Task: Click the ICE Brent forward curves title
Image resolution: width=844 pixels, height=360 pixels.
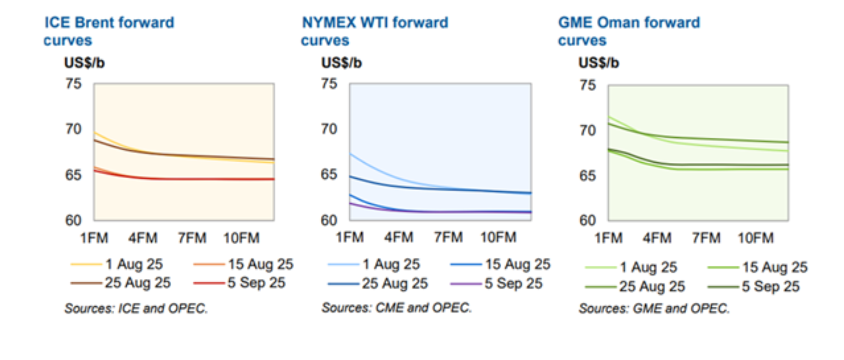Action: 109,31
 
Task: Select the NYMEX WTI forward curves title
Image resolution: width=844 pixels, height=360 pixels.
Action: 374,31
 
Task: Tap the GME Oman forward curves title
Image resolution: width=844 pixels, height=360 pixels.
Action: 629,31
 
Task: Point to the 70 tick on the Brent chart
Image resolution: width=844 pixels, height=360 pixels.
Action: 73,129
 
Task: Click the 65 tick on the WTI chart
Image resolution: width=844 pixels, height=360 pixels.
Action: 329,174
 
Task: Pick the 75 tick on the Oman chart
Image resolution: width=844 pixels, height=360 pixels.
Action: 587,85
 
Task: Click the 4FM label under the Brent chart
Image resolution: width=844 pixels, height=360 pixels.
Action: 143,238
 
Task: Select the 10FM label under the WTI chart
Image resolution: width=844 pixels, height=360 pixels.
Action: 498,237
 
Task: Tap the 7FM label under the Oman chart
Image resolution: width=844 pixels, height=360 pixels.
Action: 706,238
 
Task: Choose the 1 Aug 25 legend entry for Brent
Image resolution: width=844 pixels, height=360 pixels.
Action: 116,264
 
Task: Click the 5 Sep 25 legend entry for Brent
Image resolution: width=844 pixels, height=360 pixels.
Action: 239,283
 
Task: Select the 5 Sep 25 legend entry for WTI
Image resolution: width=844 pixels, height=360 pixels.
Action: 496,283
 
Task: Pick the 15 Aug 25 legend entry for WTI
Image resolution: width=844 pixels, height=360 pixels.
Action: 500,264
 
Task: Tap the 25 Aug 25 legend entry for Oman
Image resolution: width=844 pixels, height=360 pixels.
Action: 635,286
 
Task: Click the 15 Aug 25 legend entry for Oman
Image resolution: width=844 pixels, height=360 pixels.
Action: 758,267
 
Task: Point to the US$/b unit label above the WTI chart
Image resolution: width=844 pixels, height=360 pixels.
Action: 341,63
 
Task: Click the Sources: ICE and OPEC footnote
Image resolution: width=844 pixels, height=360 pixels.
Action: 136,308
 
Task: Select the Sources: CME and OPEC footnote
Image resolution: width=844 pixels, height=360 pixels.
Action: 397,308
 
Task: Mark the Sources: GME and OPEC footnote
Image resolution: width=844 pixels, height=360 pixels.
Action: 654,308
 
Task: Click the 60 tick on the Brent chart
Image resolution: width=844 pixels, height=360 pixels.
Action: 73,220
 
